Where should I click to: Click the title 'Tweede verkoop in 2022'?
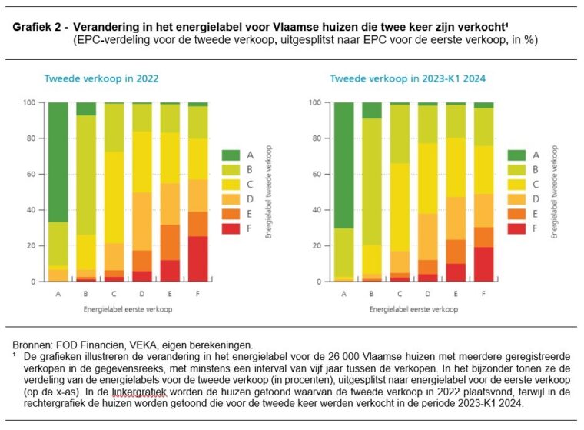[90, 78]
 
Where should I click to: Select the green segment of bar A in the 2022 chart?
[58, 162]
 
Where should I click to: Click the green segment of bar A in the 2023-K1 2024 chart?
[344, 165]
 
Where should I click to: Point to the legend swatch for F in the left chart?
[231, 229]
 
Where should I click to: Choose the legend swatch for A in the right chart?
[518, 155]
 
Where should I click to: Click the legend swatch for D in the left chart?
[231, 199]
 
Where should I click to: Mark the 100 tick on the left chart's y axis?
[33, 102]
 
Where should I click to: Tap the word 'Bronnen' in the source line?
[32, 344]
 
